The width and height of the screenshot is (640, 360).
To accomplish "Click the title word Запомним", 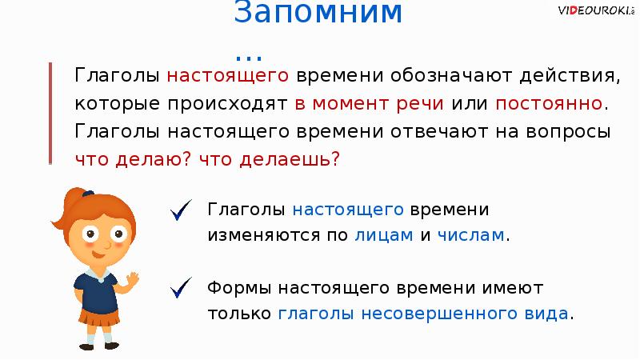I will tap(319, 14).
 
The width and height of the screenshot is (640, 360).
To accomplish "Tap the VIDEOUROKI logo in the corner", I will tap(597, 10).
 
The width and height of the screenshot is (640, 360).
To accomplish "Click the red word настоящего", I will tap(227, 77).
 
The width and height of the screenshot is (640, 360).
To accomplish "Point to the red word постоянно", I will tap(550, 104).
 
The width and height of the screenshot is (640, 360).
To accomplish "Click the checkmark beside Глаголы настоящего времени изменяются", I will tap(180, 212).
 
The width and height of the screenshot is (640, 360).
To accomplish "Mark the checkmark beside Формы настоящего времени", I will tap(180, 286).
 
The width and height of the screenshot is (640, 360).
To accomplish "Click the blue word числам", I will tap(472, 235).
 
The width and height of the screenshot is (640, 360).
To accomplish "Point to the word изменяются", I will tap(267, 235).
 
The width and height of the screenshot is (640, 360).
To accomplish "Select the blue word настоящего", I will tap(346, 210).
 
